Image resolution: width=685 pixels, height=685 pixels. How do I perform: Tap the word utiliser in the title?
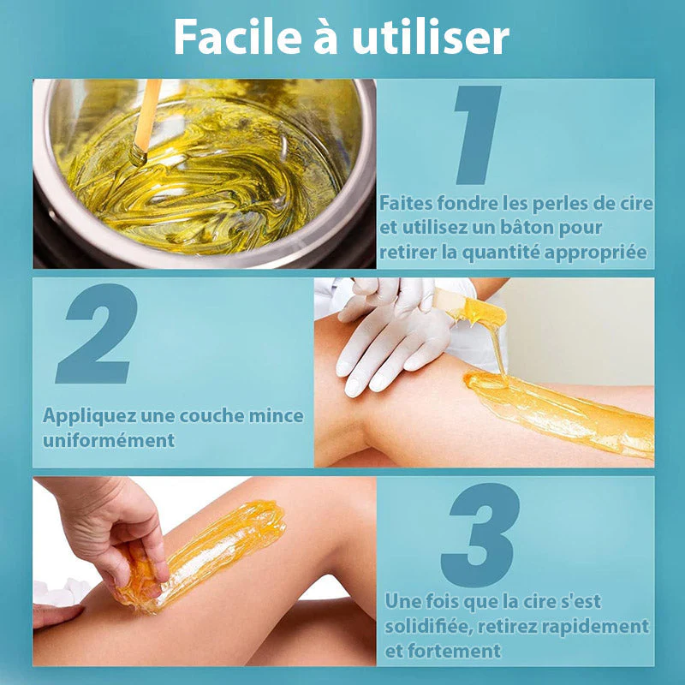coord(431,37)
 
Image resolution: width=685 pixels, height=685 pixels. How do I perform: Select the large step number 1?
coord(478,134)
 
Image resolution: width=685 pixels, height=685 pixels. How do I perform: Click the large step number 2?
coord(97,333)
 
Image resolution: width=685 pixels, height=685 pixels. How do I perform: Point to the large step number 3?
coord(480,534)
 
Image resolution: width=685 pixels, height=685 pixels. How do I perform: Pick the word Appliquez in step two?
coord(89,416)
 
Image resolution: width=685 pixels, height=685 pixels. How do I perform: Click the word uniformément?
coord(109,440)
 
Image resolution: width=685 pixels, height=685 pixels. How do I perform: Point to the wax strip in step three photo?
coord(201,555)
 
